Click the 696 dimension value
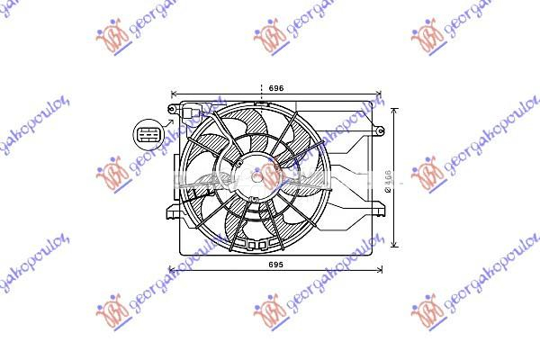pos(276,88)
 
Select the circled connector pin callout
pos(147,135)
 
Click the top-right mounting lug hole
pos(380,132)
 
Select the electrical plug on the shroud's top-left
pos(189,112)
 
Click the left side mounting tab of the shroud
pos(173,212)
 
